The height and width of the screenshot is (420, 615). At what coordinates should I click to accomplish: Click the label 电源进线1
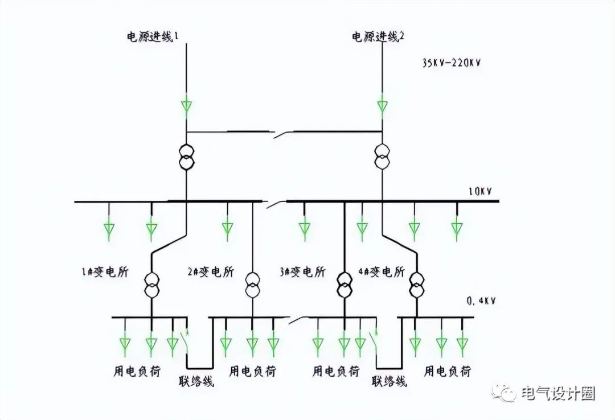coord(153,37)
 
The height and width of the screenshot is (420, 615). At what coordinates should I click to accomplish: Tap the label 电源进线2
coord(378,37)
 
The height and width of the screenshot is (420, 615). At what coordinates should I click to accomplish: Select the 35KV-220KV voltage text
coord(452,63)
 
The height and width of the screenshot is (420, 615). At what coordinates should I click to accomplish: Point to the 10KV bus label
coord(481,192)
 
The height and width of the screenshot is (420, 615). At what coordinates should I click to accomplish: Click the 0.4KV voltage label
coord(481,301)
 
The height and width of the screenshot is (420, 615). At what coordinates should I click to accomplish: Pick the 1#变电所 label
coord(105,271)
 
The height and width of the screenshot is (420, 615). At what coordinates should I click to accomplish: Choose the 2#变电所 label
coord(210,271)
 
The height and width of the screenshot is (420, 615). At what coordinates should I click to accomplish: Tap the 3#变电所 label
coord(302,271)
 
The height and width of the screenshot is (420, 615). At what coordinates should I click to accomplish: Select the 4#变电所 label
coord(381,271)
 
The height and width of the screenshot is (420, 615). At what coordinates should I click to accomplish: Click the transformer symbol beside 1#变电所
coord(151,286)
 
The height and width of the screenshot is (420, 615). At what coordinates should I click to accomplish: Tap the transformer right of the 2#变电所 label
coord(253,286)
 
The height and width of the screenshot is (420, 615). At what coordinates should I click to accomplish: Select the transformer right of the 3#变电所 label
coord(345,286)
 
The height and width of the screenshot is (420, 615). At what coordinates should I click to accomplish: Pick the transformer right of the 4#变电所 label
coord(416,286)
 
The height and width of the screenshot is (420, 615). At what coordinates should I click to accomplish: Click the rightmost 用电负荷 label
coord(447,371)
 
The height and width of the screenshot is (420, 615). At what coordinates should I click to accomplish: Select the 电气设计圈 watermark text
coord(558,393)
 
